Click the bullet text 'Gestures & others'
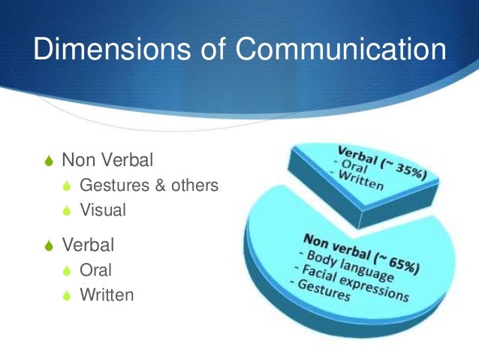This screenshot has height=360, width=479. click(149, 185)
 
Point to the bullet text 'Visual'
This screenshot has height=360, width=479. click(103, 210)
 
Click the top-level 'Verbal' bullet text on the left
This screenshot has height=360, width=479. click(88, 244)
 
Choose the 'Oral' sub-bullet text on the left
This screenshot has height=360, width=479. click(95, 269)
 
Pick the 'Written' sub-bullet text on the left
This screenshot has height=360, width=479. click(107, 295)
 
